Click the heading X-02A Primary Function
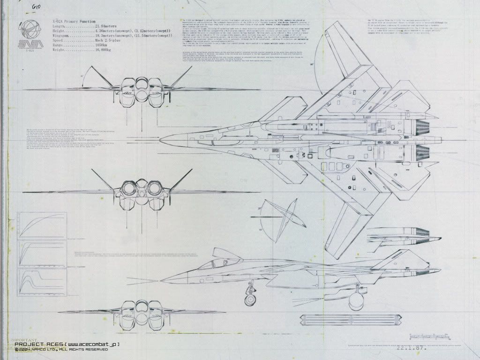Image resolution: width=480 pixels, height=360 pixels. pyautogui.click(x=67, y=22)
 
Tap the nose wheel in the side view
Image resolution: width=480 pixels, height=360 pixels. pyautogui.click(x=249, y=299)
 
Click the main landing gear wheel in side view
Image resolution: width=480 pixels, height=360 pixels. pyautogui.click(x=356, y=300)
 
